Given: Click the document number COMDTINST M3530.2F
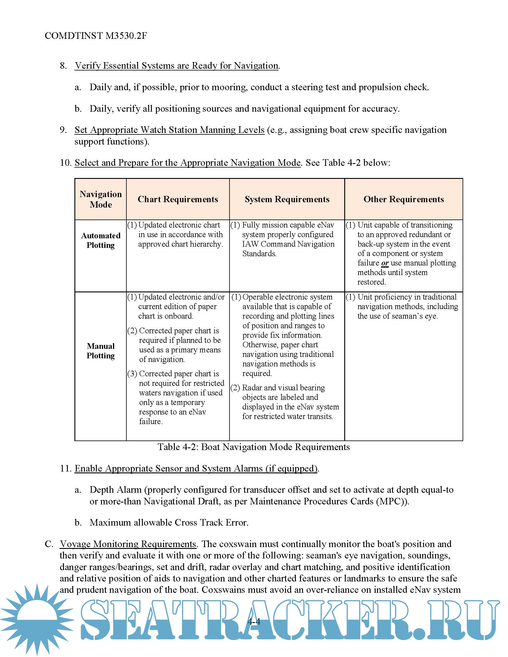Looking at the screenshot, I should click(x=96, y=36).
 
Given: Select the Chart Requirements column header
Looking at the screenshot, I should click(x=178, y=199).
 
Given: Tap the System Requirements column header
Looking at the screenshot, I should click(x=287, y=199).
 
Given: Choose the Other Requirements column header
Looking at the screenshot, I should click(x=404, y=199).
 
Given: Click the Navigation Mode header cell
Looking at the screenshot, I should click(x=100, y=199).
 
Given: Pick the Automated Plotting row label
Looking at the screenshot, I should click(x=100, y=240).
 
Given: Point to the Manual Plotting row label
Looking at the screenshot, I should click(x=100, y=351).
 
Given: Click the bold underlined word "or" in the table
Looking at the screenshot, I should click(x=385, y=263).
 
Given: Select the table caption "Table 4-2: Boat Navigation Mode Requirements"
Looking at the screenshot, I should click(x=254, y=447).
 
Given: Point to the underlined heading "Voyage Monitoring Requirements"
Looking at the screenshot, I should click(x=128, y=544).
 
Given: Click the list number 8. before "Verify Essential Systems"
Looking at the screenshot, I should click(x=63, y=66).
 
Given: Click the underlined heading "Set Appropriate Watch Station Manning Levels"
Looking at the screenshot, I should click(x=169, y=130).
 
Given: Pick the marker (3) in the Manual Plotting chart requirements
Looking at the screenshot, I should click(x=132, y=374).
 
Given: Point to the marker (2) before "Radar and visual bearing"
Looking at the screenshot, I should click(x=235, y=388).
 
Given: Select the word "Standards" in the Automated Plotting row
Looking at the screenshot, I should click(x=259, y=254).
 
